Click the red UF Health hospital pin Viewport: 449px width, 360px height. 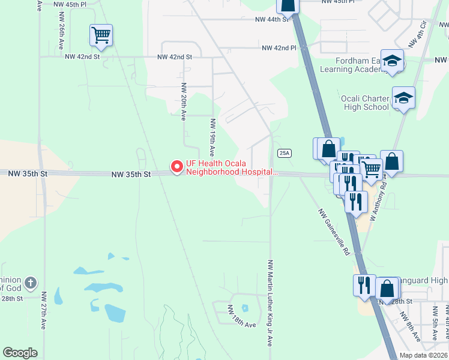point(177,166)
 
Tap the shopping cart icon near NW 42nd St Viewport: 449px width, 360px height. point(101,35)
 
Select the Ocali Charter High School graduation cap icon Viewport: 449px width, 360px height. point(403,98)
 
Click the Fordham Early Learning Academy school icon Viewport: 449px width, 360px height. point(393,61)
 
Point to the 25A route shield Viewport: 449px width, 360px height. point(285,153)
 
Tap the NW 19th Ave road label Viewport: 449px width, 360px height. point(212,138)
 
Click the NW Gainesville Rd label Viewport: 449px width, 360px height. point(334,232)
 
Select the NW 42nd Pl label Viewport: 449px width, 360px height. point(279,48)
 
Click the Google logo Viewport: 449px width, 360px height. point(20,353)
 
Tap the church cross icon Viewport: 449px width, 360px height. point(31,283)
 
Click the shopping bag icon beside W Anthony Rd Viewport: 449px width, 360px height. point(391,162)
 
